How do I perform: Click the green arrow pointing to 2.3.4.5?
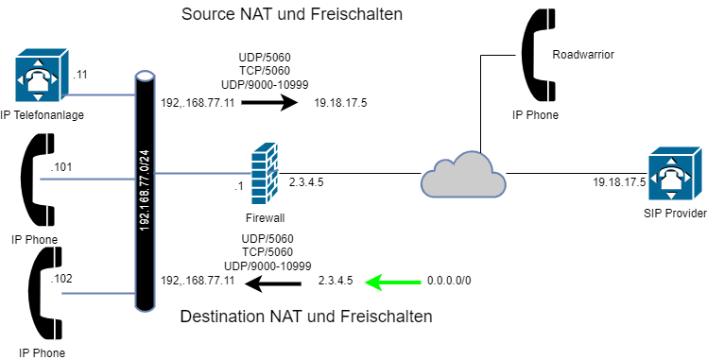[393, 283]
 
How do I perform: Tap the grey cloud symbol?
[463, 175]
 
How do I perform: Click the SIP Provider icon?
[676, 173]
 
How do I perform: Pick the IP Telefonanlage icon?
[42, 75]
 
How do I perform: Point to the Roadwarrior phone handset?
[539, 54]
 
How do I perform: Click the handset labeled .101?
[38, 180]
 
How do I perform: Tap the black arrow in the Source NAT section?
[269, 103]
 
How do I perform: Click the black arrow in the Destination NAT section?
[273, 283]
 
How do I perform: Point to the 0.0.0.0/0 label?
[449, 282]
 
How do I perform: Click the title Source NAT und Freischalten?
[292, 14]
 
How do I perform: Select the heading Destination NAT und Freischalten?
[306, 317]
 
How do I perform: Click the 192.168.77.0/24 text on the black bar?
[146, 191]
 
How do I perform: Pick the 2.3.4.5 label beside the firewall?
[306, 182]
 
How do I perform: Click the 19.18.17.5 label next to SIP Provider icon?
[619, 182]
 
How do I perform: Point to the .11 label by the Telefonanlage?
[79, 75]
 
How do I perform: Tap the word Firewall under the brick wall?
[265, 218]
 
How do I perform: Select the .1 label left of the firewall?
[238, 186]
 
